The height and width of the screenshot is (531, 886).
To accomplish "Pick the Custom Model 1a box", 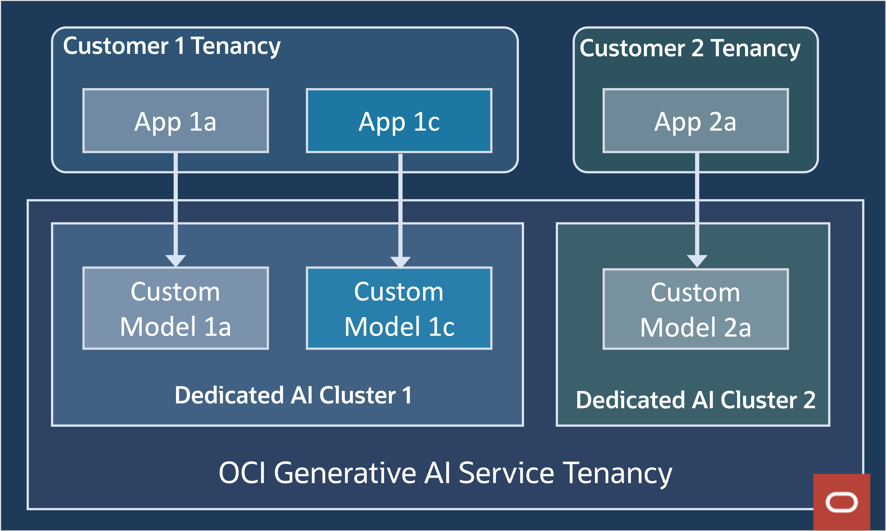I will click(x=175, y=308).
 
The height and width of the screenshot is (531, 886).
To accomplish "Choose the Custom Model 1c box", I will click(x=399, y=308).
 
